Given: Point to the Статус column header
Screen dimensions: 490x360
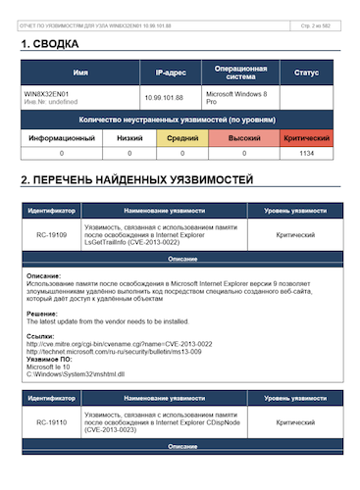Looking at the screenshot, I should click(306, 73).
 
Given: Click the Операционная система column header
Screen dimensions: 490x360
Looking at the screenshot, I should click(240, 73).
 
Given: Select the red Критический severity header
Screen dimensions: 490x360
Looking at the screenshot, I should click(306, 138).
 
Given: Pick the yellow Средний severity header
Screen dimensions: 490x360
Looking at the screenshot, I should click(181, 138).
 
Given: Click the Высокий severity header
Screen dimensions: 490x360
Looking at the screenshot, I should click(244, 138).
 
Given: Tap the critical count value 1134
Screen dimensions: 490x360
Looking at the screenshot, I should click(306, 154).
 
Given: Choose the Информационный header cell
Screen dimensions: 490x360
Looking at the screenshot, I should click(61, 138).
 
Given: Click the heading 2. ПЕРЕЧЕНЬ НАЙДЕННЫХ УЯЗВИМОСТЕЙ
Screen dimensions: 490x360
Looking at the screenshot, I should click(136, 180).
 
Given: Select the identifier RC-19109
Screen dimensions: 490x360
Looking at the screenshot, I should click(51, 235).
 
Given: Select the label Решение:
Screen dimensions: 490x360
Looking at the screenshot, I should click(42, 313).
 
